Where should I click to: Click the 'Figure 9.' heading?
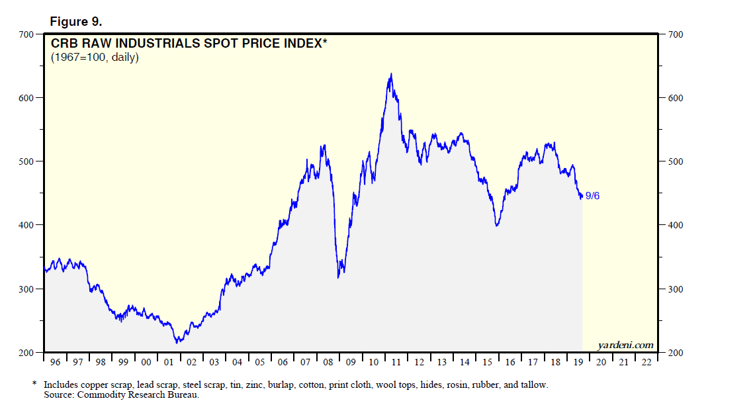(75, 21)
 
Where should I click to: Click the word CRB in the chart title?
(66, 44)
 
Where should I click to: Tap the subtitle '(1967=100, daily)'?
(95, 58)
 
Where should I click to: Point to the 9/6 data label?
(593, 196)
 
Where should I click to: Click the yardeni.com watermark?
(625, 345)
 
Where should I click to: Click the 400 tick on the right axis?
(675, 225)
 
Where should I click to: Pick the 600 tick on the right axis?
(675, 98)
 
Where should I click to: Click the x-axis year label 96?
(56, 363)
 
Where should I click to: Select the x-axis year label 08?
(328, 363)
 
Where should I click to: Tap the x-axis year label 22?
(646, 363)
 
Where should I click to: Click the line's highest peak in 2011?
(391, 73)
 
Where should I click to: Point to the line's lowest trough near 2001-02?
(177, 342)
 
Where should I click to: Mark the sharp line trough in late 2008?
(338, 277)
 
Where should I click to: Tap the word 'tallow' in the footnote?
(535, 385)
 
